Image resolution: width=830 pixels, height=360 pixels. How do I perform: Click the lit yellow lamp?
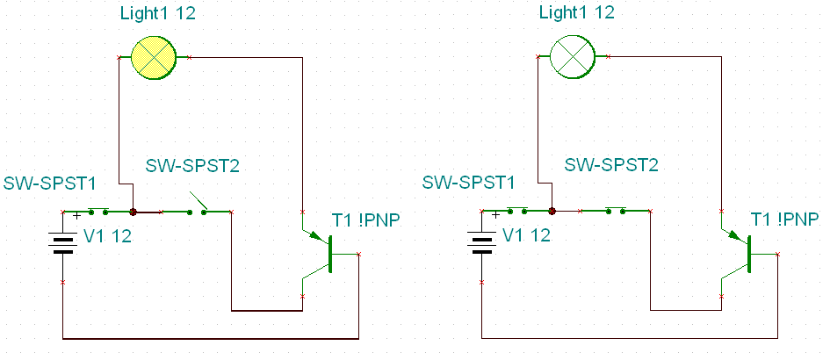(x=153, y=57)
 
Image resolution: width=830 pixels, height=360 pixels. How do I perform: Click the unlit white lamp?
(x=572, y=57)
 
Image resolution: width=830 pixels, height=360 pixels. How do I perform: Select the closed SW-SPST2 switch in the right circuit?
(x=616, y=210)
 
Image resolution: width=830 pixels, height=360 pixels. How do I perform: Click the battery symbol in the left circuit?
(x=63, y=245)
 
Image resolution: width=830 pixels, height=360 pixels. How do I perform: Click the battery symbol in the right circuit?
(x=481, y=245)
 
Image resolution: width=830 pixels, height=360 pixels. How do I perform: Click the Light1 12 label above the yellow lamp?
(x=158, y=14)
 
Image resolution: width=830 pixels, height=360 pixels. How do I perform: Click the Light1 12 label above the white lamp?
(x=576, y=12)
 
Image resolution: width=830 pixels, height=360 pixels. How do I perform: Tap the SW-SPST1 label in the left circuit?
(x=50, y=184)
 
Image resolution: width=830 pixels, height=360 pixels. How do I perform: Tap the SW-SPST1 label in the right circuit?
(x=468, y=184)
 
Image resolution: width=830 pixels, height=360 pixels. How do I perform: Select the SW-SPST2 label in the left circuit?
(x=192, y=165)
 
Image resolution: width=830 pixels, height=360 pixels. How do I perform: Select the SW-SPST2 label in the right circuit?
(x=611, y=165)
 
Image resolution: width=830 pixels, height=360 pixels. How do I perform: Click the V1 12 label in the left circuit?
(x=107, y=236)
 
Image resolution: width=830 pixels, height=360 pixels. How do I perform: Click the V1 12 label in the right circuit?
(x=526, y=235)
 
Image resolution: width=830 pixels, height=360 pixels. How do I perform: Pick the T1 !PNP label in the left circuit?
(x=365, y=220)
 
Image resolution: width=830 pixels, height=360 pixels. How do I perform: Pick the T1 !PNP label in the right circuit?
(x=785, y=219)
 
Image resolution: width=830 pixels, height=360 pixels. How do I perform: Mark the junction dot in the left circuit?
(x=134, y=212)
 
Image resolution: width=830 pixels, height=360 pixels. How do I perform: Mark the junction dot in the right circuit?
(x=552, y=211)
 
